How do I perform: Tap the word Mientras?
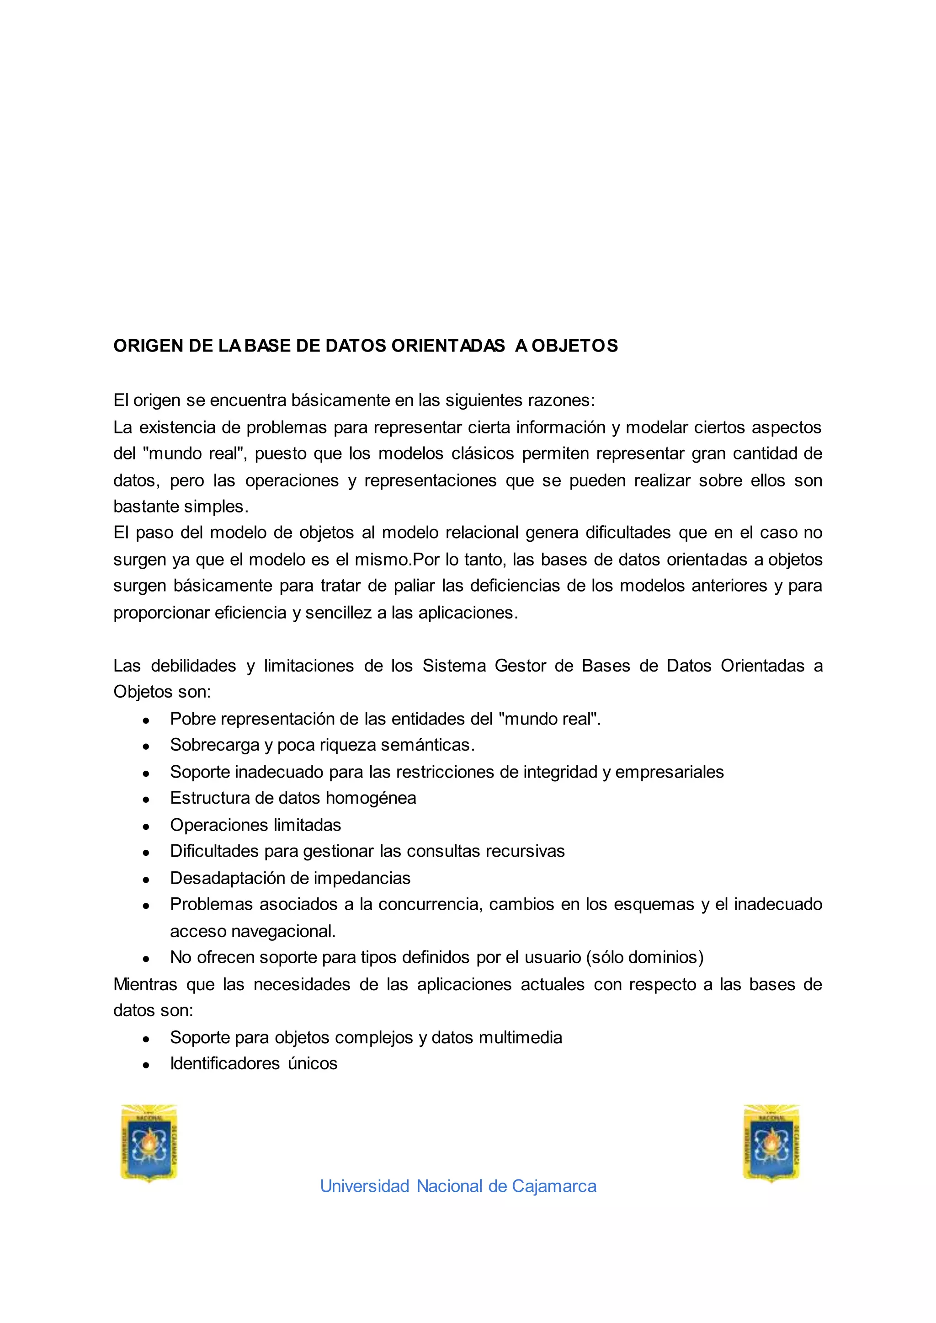click(x=145, y=984)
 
